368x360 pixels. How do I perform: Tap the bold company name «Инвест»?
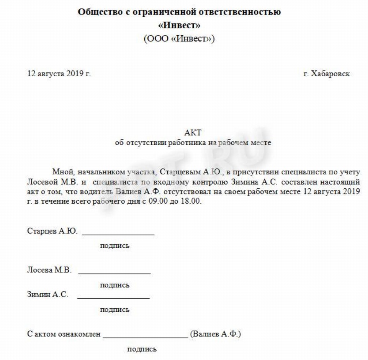click(x=179, y=26)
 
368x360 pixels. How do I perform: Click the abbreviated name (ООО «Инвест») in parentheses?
click(x=179, y=39)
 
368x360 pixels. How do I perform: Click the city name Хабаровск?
click(x=327, y=73)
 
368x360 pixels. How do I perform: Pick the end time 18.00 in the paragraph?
click(x=191, y=202)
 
